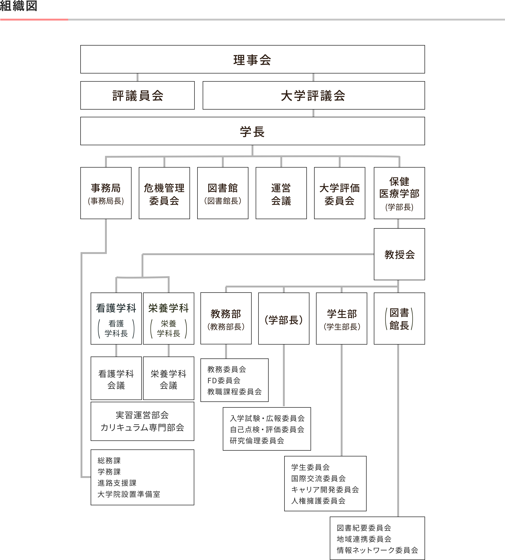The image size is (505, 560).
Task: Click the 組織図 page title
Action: pyautogui.click(x=19, y=6)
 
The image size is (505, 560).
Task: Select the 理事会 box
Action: pyautogui.click(x=252, y=59)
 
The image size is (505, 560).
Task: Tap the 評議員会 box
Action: pyautogui.click(x=137, y=95)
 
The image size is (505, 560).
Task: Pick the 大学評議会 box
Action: pyautogui.click(x=314, y=95)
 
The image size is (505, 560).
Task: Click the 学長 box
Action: pyautogui.click(x=252, y=131)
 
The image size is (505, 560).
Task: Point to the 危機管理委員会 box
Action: pyautogui.click(x=164, y=193)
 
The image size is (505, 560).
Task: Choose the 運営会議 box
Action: pyautogui.click(x=281, y=193)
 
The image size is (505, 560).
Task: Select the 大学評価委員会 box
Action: pyautogui.click(x=340, y=193)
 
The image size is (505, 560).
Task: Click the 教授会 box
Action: pyautogui.click(x=399, y=254)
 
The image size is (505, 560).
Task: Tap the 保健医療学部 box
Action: pyautogui.click(x=399, y=193)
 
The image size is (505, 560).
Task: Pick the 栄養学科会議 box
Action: pyautogui.click(x=168, y=378)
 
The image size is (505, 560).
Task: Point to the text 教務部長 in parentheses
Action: pyautogui.click(x=226, y=327)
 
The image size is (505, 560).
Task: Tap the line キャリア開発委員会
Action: pyautogui.click(x=325, y=490)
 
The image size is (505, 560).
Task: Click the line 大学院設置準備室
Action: pyautogui.click(x=129, y=494)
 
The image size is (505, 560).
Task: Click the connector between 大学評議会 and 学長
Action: pyautogui.click(x=314, y=113)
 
